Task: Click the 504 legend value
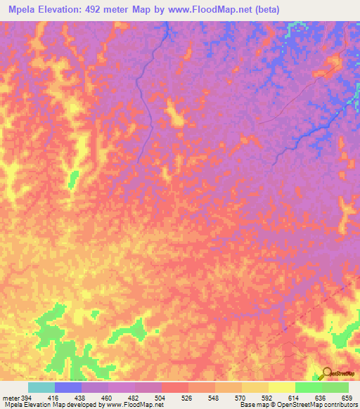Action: pos(159,397)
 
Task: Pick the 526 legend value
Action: pos(186,397)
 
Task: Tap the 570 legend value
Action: pos(239,397)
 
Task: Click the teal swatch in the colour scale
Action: pos(41,387)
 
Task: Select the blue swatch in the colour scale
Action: pos(68,387)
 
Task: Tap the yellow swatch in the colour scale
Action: pos(281,387)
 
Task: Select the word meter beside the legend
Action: pos(10,397)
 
